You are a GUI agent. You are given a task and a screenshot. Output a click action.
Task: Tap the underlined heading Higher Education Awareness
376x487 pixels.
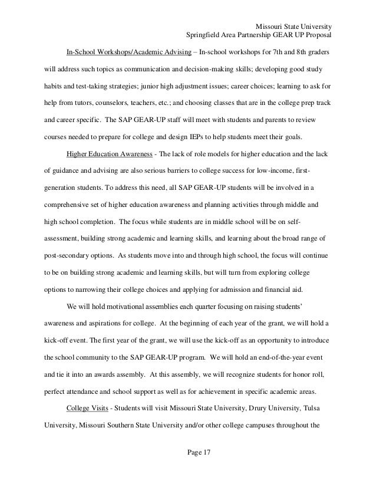(113, 154)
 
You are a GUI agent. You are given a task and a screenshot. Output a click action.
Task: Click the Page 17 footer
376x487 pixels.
(188, 452)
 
